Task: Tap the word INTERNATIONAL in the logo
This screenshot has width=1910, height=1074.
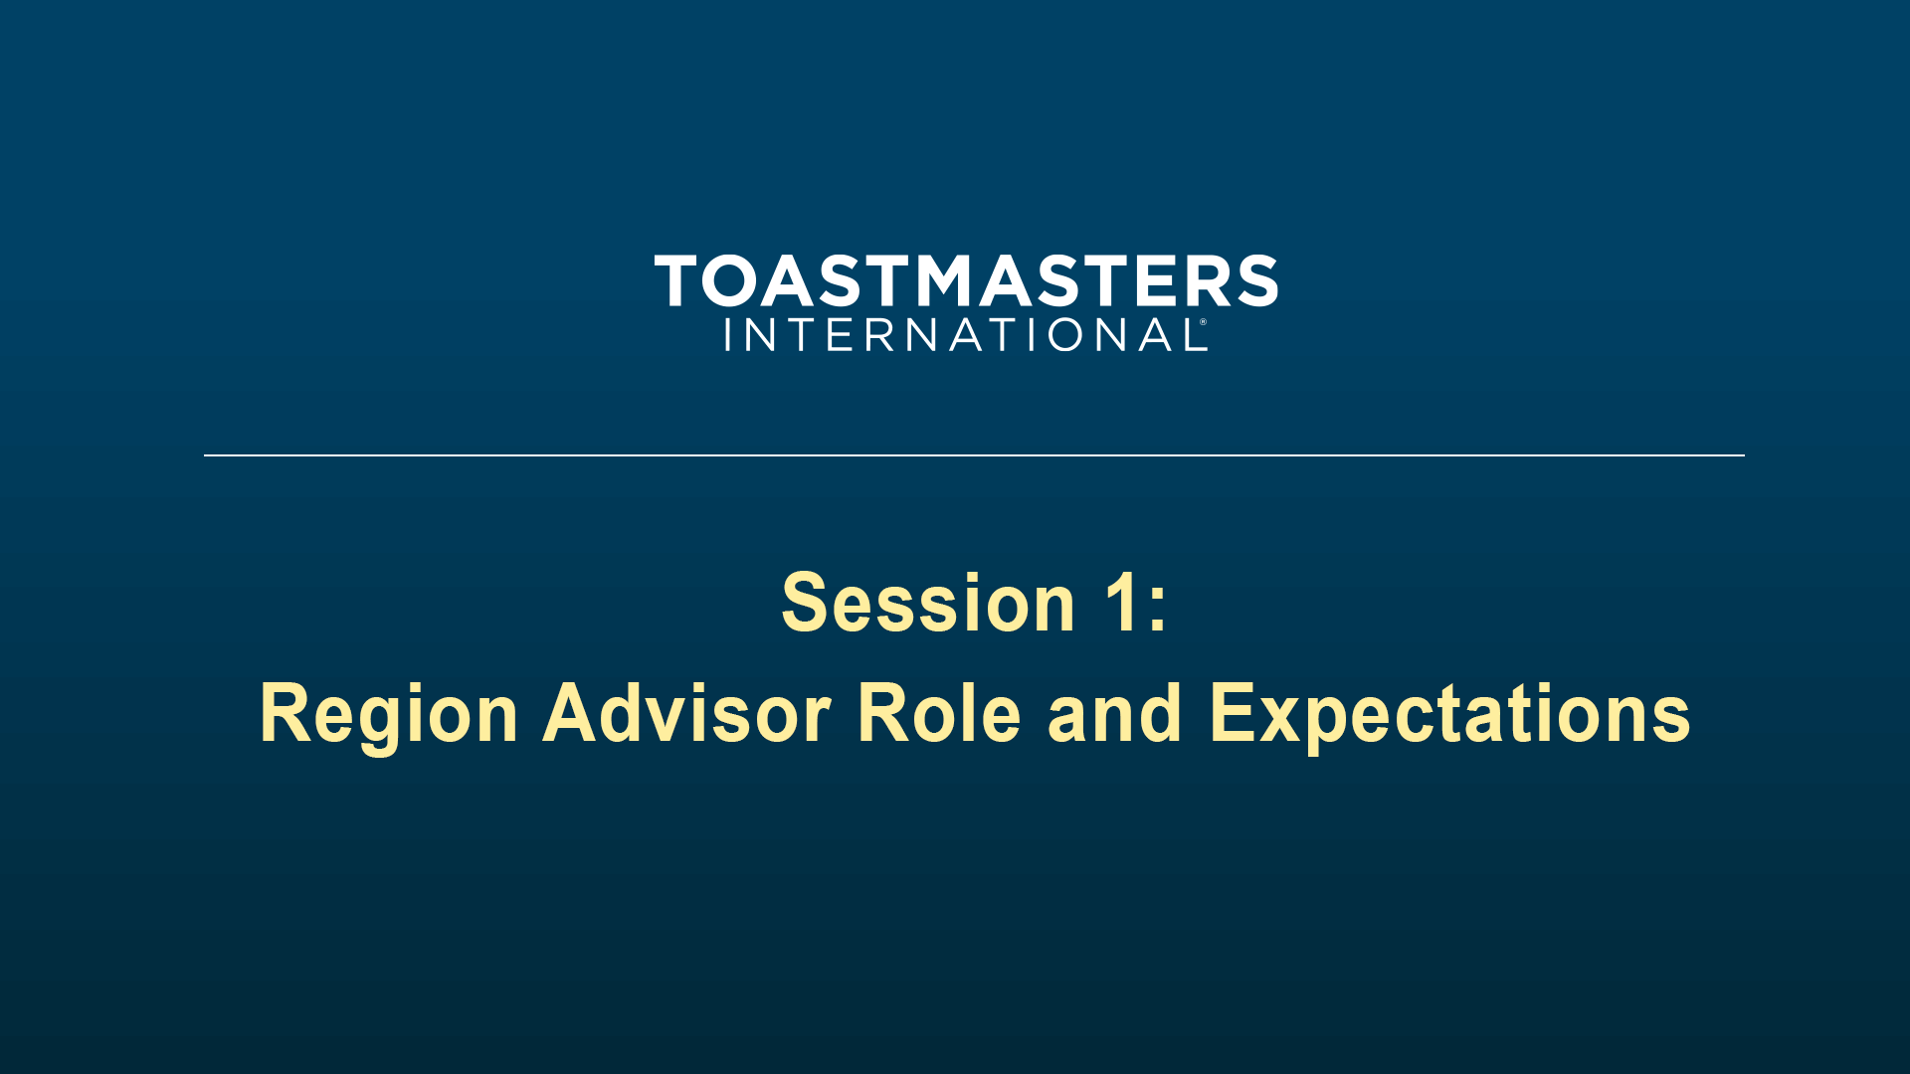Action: pos(964,335)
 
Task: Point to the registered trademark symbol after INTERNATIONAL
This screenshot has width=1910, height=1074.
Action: pos(1204,322)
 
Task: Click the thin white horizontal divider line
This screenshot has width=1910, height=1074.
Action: pos(974,455)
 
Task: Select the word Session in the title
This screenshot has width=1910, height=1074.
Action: pos(928,603)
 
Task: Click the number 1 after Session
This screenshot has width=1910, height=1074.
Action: pos(1122,603)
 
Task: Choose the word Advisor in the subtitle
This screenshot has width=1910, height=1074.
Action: pos(687,713)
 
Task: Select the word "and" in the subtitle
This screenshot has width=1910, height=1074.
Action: pos(1114,713)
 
